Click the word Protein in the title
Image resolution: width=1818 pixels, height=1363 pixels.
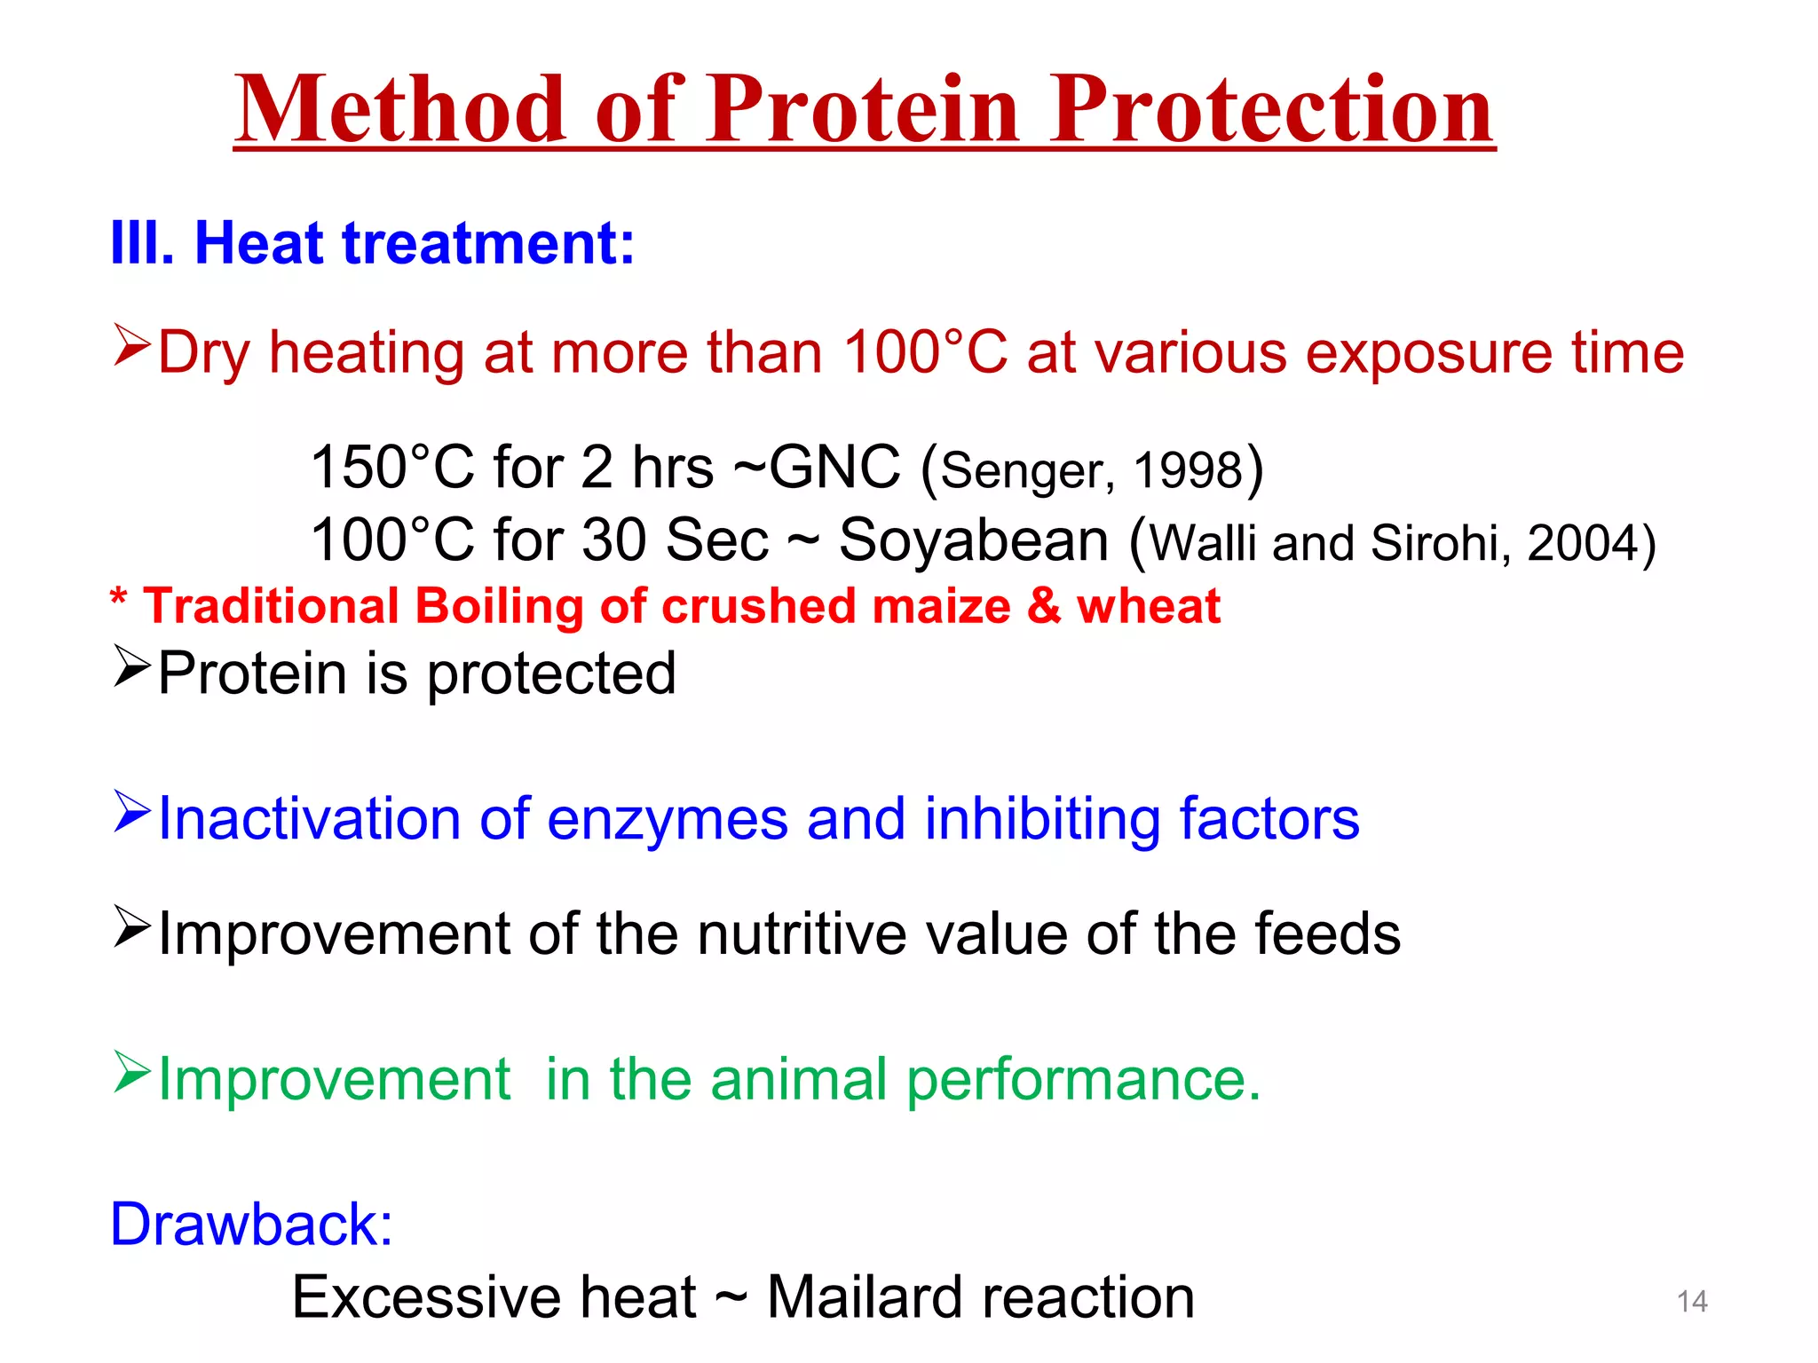[862, 110]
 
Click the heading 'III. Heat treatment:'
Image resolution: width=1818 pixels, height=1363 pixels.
[373, 243]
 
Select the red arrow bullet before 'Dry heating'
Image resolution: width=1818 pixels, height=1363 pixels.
[131, 346]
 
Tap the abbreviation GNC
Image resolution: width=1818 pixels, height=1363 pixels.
[834, 468]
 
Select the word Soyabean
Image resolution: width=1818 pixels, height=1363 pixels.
[974, 540]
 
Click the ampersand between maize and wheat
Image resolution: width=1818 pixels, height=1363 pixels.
[1044, 607]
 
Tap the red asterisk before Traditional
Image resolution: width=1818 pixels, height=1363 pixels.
[118, 599]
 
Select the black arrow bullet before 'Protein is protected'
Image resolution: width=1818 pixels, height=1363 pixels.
[131, 667]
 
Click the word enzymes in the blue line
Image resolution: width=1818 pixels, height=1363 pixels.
[667, 819]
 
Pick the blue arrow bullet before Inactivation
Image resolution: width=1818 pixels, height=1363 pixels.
[131, 812]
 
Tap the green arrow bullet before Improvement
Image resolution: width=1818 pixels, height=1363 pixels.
[131, 1072]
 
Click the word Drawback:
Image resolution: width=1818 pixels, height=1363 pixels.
[251, 1225]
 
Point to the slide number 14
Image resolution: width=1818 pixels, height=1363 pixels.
[1692, 1302]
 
